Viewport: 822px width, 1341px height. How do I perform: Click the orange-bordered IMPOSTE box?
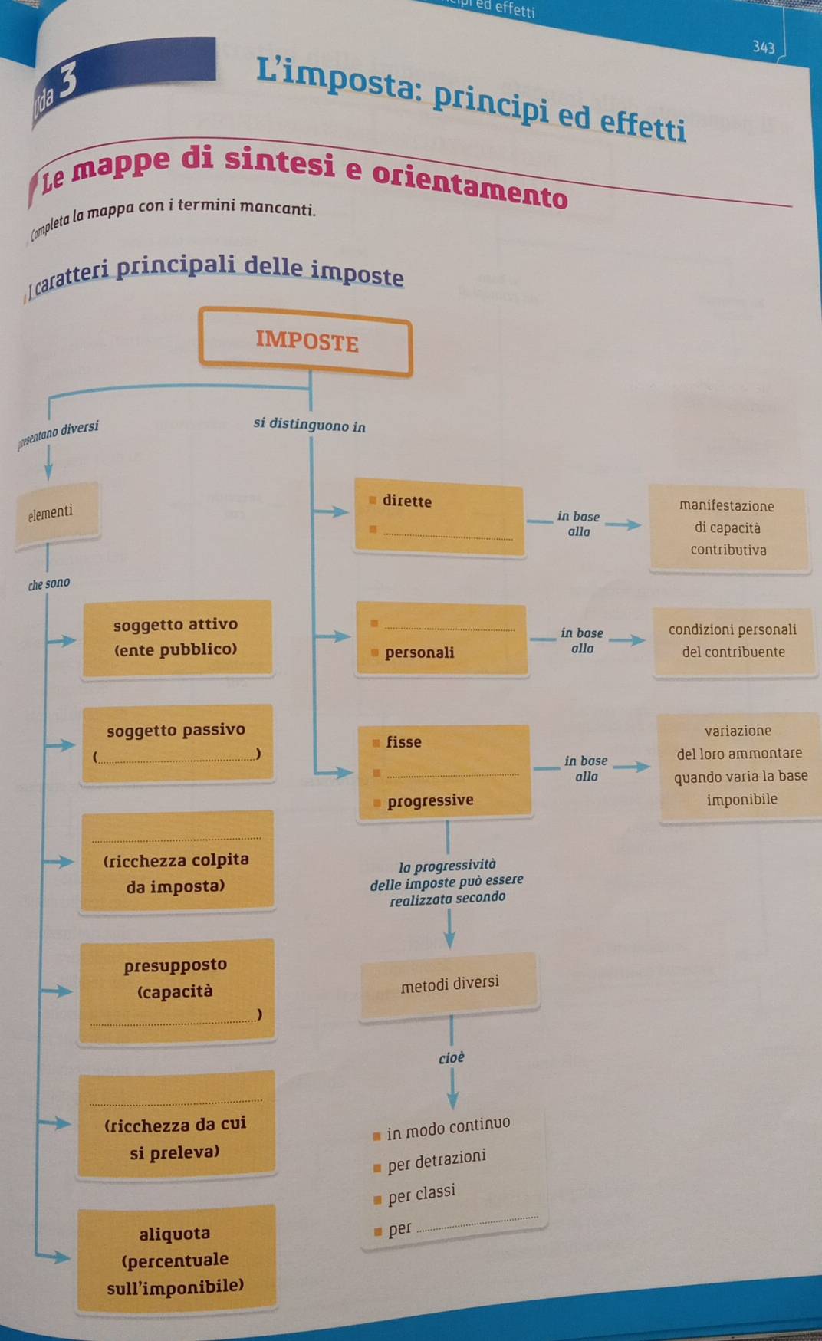pyautogui.click(x=306, y=342)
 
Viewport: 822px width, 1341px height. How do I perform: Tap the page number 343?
pyautogui.click(x=763, y=48)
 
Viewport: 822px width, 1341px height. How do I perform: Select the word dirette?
pyautogui.click(x=407, y=501)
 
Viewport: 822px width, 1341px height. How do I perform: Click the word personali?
pyautogui.click(x=419, y=652)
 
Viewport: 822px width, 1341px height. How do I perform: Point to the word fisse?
pyautogui.click(x=404, y=742)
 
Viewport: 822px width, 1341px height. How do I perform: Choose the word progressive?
pyautogui.click(x=430, y=800)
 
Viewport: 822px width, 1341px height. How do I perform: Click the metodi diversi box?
pyautogui.click(x=449, y=984)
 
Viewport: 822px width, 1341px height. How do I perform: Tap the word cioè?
pyautogui.click(x=452, y=1058)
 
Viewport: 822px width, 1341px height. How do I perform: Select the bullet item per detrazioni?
pyautogui.click(x=436, y=1161)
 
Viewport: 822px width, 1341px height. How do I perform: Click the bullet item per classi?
pyautogui.click(x=421, y=1195)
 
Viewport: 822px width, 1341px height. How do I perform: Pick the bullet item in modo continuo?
pyautogui.click(x=448, y=1128)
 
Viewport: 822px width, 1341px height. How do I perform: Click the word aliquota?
pyautogui.click(x=175, y=1234)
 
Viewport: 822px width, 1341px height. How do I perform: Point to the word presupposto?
pyautogui.click(x=176, y=965)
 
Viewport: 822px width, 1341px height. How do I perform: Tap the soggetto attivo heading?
pyautogui.click(x=176, y=625)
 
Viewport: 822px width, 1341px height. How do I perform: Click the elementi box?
pyautogui.click(x=51, y=512)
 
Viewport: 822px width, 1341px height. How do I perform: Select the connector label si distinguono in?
pyautogui.click(x=309, y=425)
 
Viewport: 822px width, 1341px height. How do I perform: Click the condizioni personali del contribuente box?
pyautogui.click(x=732, y=641)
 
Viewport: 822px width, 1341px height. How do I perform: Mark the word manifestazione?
pyautogui.click(x=726, y=506)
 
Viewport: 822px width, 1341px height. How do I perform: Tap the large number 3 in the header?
pyautogui.click(x=67, y=79)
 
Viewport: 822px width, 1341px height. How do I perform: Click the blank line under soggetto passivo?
pyautogui.click(x=178, y=757)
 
